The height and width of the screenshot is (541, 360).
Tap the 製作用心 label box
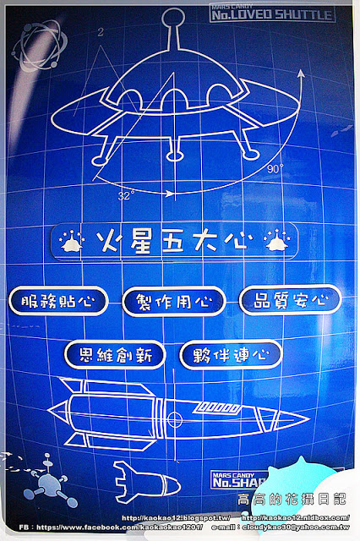[173, 300]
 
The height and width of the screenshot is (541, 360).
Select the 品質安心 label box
[290, 298]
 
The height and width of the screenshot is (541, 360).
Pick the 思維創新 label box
[114, 354]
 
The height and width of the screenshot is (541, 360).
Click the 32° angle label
[126, 194]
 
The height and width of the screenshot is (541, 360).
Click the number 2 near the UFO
[100, 32]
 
